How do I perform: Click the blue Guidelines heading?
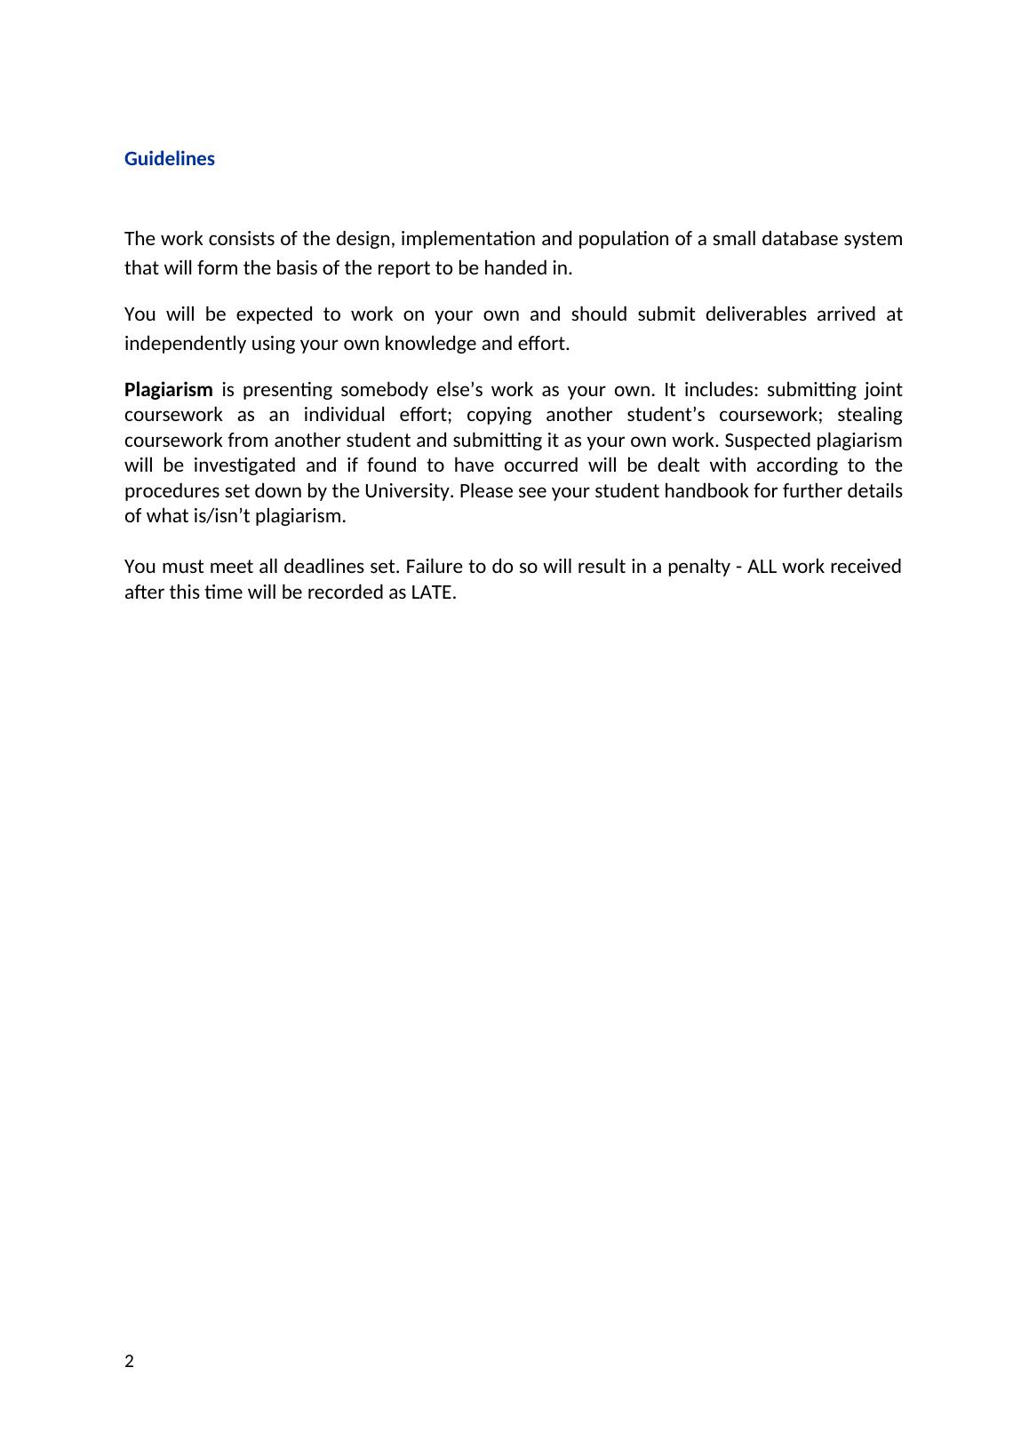click(x=169, y=159)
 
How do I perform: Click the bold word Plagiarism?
click(x=168, y=390)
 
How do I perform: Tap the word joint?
click(x=883, y=390)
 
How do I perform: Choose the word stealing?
click(x=870, y=415)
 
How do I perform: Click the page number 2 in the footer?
click(x=130, y=1362)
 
